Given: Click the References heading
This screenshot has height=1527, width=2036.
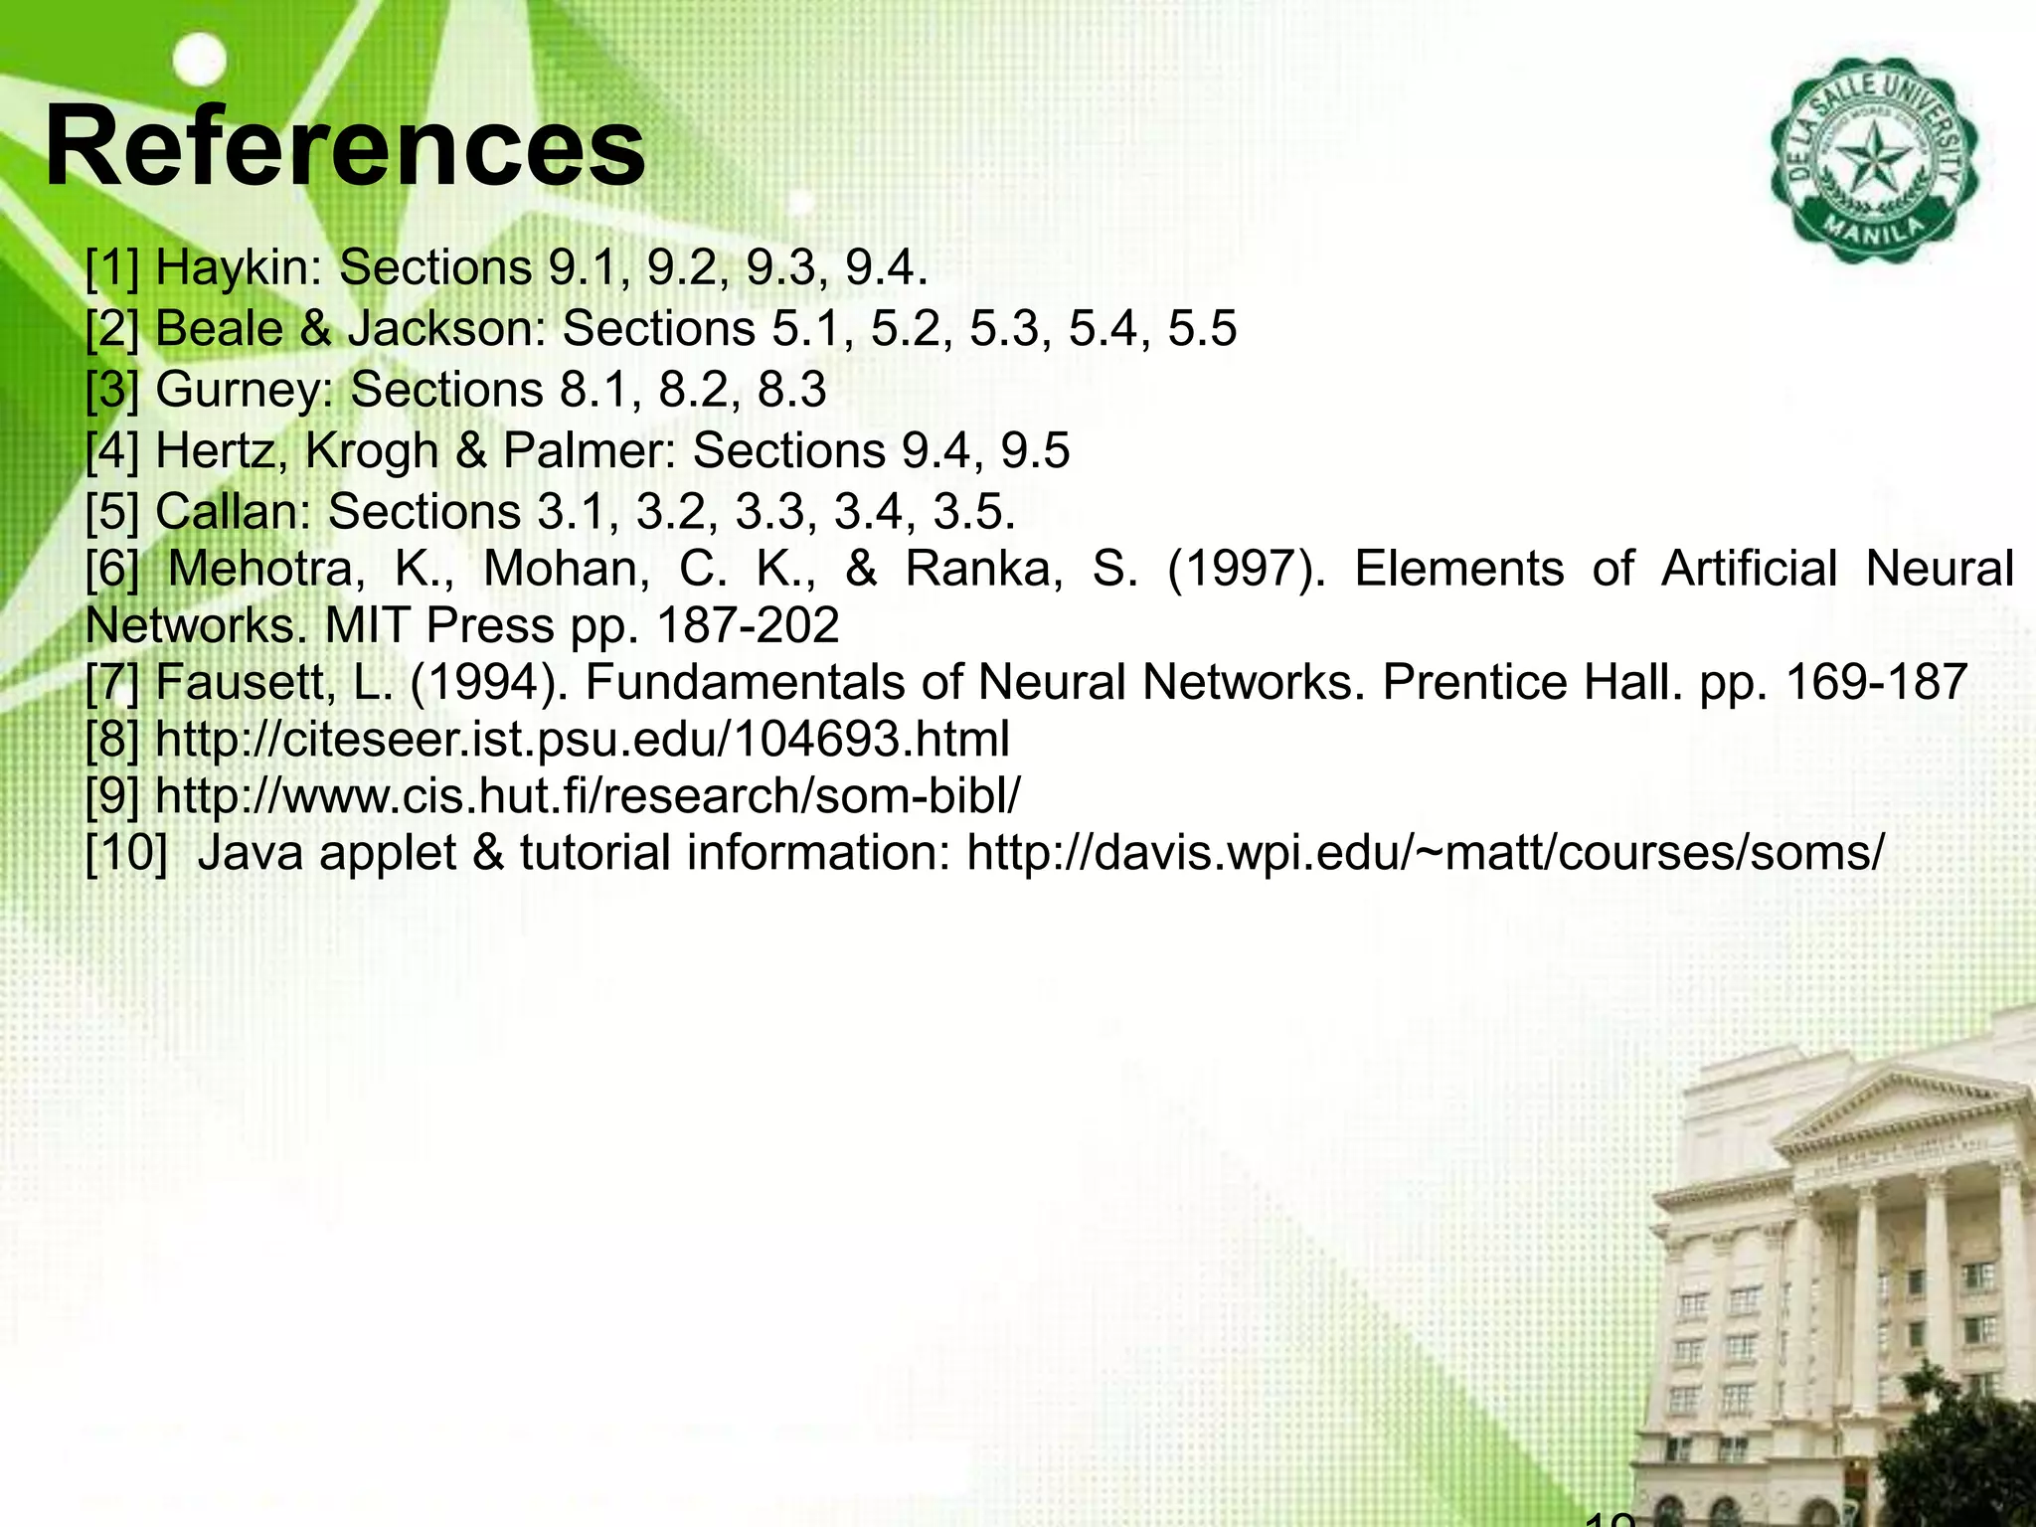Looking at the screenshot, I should pos(344,147).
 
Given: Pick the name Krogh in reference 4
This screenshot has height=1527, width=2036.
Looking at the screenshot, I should pos(372,450).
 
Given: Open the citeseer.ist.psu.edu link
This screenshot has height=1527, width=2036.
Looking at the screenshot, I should pos(583,740).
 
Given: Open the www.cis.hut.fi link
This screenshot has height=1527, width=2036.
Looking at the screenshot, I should pos(588,795).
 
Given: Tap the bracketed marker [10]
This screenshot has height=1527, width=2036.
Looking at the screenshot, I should pos(126,853).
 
